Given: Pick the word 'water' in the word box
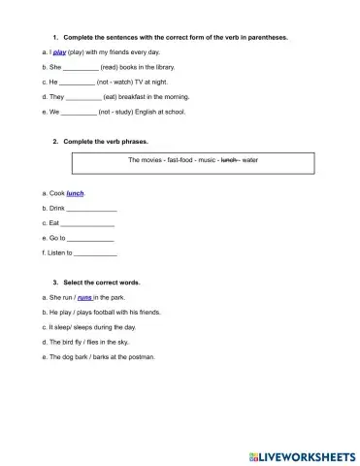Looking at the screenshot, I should pos(250,158).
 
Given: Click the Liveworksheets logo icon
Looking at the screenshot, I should pos(254,454).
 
